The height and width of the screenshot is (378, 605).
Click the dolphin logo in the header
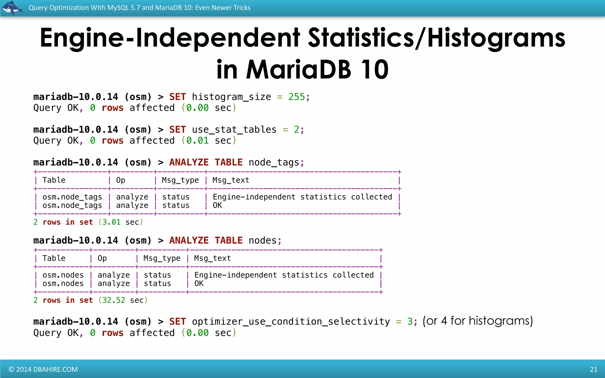click(12, 7)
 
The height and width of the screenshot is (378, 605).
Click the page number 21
click(593, 369)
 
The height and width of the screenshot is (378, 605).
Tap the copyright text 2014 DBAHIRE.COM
click(43, 369)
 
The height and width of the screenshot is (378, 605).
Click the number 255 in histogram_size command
click(297, 97)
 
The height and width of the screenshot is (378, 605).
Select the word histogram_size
click(231, 97)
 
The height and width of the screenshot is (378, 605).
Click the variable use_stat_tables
click(234, 130)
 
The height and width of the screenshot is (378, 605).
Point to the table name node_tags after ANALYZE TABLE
click(274, 162)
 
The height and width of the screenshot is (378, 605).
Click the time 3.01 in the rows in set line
click(111, 222)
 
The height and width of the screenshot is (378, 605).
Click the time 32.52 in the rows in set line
click(114, 300)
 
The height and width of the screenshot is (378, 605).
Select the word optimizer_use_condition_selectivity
click(291, 322)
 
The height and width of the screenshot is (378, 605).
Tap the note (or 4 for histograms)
click(478, 321)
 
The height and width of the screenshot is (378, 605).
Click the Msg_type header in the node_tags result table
click(180, 180)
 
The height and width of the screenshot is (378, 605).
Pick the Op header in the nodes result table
click(102, 258)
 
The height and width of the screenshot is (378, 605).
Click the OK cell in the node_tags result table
click(217, 206)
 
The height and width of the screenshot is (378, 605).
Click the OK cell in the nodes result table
click(199, 283)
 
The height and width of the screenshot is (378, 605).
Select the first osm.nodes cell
click(63, 275)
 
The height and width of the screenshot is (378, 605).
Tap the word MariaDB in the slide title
click(298, 70)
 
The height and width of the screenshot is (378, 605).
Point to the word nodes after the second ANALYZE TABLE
click(263, 241)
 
